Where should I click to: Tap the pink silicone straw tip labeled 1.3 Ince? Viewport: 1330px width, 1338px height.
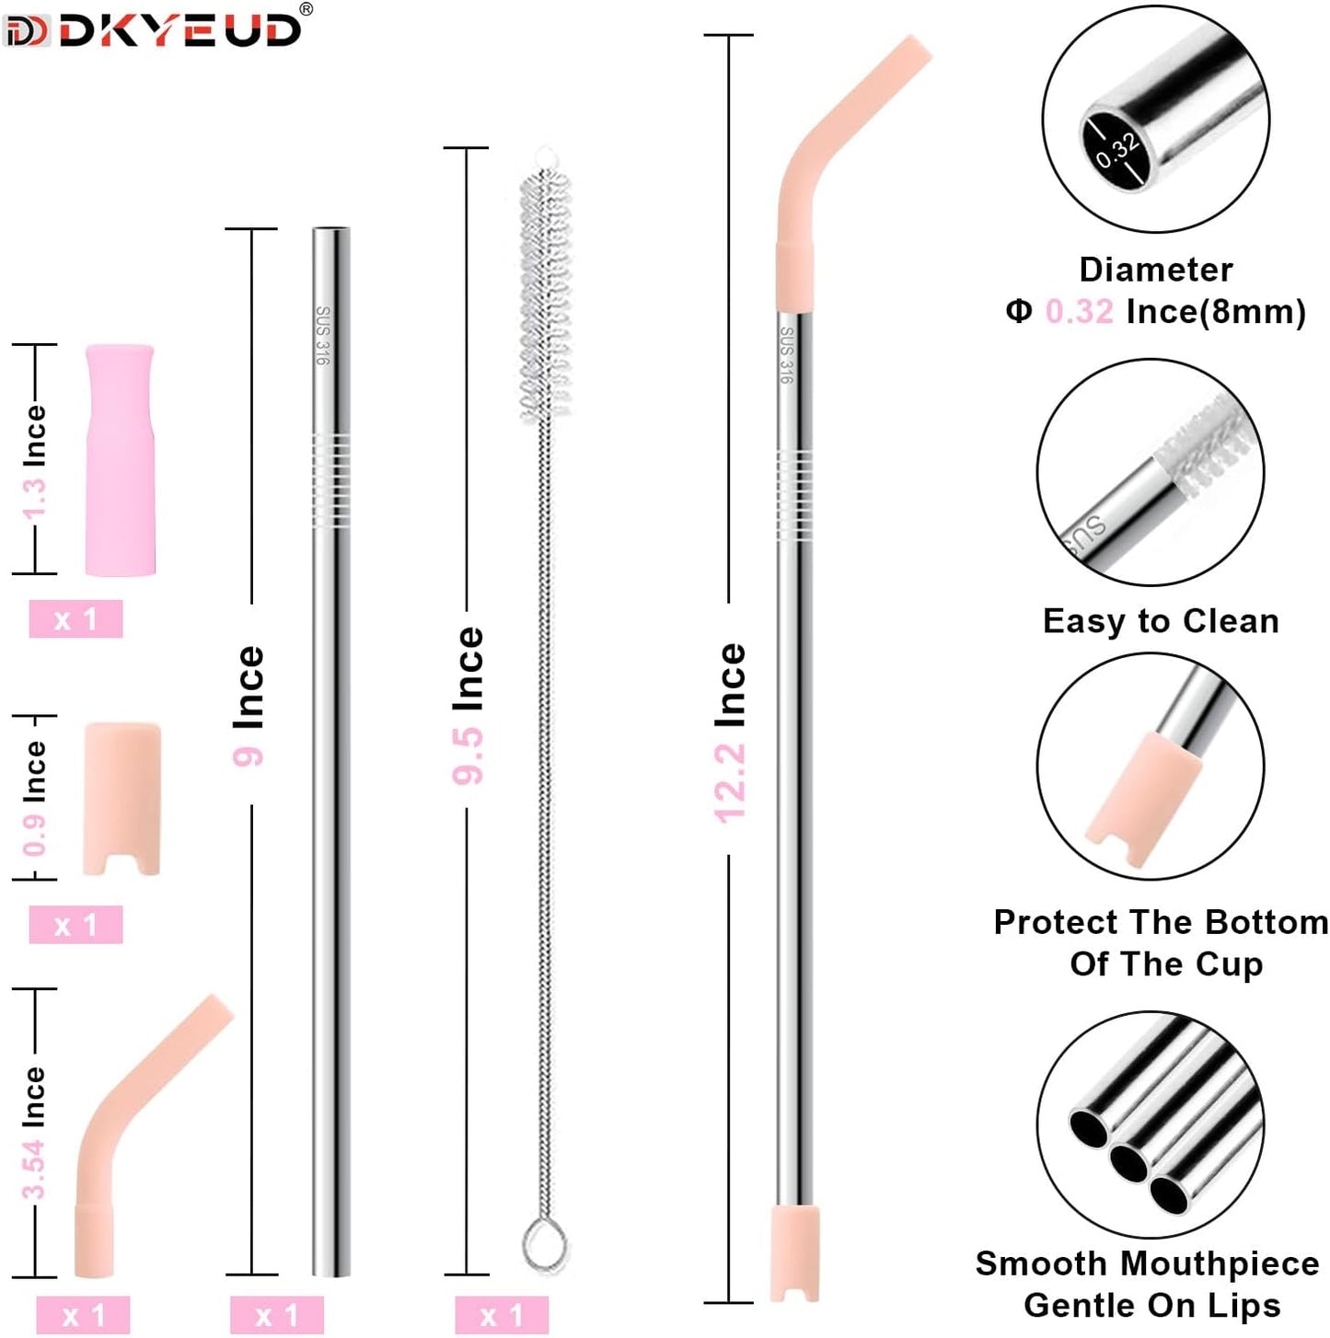[120, 460]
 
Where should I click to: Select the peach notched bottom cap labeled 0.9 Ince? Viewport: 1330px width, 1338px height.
[122, 796]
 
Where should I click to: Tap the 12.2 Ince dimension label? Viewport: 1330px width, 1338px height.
[731, 732]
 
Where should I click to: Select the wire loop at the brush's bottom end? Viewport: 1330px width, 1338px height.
[544, 1244]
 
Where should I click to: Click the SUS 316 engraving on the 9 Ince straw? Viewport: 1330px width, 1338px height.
[323, 335]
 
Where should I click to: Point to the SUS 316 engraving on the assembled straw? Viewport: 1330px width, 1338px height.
[787, 354]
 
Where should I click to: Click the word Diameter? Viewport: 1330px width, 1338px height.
[1155, 270]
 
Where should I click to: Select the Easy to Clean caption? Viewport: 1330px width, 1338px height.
[1161, 621]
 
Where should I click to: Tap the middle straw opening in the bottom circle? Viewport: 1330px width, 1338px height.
[1128, 1162]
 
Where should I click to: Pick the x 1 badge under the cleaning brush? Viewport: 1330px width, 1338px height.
[502, 1315]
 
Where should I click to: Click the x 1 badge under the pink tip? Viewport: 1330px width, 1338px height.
[75, 618]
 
